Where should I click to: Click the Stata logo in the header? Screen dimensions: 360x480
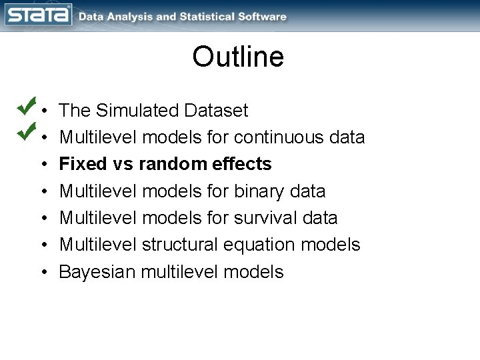[x=38, y=15]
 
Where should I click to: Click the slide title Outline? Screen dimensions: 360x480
[x=238, y=57]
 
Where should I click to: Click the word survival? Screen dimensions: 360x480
[x=265, y=218]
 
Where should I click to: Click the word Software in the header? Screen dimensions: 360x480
[x=265, y=17]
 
